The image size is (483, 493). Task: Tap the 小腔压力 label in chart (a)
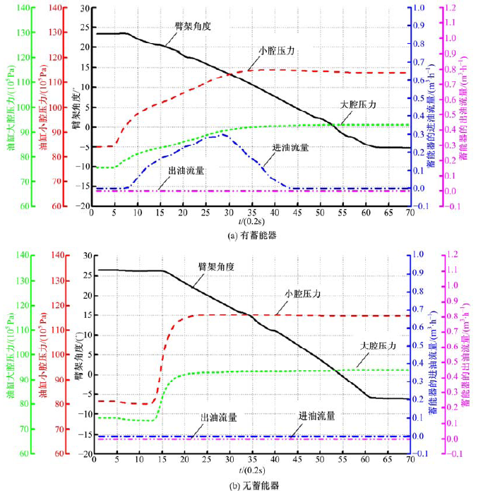pyautogui.click(x=277, y=51)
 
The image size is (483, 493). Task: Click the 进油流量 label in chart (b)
pyautogui.click(x=316, y=417)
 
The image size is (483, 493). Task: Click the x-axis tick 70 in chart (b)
pyautogui.click(x=410, y=461)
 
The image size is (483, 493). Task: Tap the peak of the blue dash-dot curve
pyautogui.click(x=222, y=133)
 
